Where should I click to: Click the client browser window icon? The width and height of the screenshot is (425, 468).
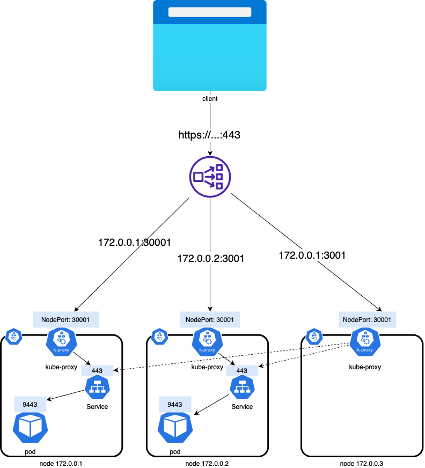(x=210, y=46)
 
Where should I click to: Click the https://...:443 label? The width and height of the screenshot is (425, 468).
(x=209, y=135)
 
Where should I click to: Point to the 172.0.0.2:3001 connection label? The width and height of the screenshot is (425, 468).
(x=211, y=259)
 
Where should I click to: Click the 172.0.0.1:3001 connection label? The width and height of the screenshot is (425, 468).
(x=311, y=255)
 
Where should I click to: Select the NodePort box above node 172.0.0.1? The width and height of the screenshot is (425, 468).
(x=65, y=320)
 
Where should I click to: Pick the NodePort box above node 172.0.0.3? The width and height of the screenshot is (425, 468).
(x=368, y=320)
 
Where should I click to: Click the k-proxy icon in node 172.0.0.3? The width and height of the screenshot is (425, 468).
(x=365, y=343)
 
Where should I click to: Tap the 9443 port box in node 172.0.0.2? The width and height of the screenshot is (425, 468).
(x=175, y=404)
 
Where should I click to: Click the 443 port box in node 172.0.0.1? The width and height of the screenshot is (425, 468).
(x=97, y=370)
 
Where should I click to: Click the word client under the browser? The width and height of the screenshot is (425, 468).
(x=210, y=99)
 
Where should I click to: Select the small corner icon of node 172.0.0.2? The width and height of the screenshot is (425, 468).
(x=159, y=337)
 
